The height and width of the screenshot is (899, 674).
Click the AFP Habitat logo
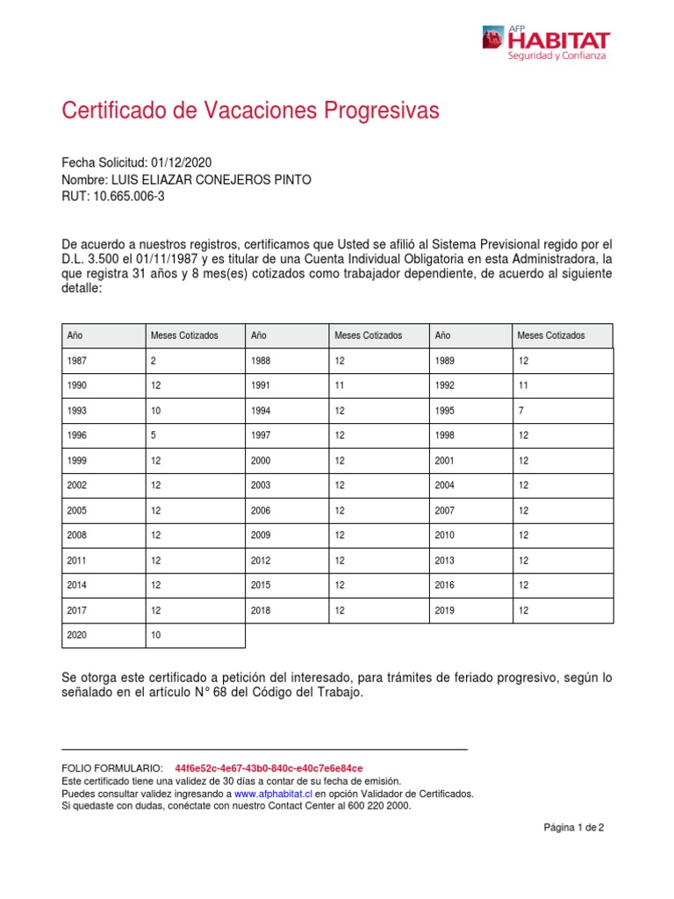tap(545, 42)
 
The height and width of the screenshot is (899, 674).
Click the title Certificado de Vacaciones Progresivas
tap(250, 111)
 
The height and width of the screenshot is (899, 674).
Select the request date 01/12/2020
tap(181, 163)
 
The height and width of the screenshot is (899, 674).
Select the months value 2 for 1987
tap(154, 360)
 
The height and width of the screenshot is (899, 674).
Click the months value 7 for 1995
tap(520, 410)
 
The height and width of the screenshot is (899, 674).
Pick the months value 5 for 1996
tap(154, 435)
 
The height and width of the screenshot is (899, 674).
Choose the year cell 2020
tap(78, 635)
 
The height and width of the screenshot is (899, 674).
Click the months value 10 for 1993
tap(156, 410)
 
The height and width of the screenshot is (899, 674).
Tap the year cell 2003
tap(262, 485)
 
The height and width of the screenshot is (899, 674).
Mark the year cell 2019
tap(445, 609)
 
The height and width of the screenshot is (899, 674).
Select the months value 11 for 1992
tap(523, 385)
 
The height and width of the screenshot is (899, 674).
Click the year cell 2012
tap(262, 560)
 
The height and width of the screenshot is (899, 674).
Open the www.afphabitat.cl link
tap(274, 793)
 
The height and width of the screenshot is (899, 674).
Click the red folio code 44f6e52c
tap(269, 767)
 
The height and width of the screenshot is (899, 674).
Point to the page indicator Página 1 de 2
tap(574, 827)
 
